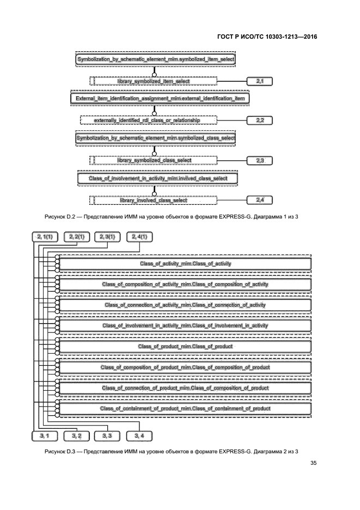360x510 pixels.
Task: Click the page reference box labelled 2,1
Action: [x=259, y=81]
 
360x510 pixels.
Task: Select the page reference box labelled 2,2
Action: [x=259, y=119]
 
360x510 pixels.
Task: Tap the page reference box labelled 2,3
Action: [x=259, y=160]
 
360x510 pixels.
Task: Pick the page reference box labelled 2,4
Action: [x=259, y=200]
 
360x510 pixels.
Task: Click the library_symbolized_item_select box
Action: [x=154, y=81]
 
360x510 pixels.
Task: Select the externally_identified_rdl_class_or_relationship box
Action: [x=154, y=119]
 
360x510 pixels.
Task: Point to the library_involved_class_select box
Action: [x=154, y=200]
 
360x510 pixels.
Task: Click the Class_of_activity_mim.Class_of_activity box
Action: [x=185, y=264]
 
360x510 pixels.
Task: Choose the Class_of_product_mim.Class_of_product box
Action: [x=185, y=347]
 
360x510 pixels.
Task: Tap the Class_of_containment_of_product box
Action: [x=185, y=408]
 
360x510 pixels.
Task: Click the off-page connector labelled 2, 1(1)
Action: [x=45, y=236]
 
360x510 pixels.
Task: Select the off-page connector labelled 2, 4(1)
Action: [x=139, y=236]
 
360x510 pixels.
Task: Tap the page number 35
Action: [x=313, y=464]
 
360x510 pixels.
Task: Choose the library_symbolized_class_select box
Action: [x=154, y=160]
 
